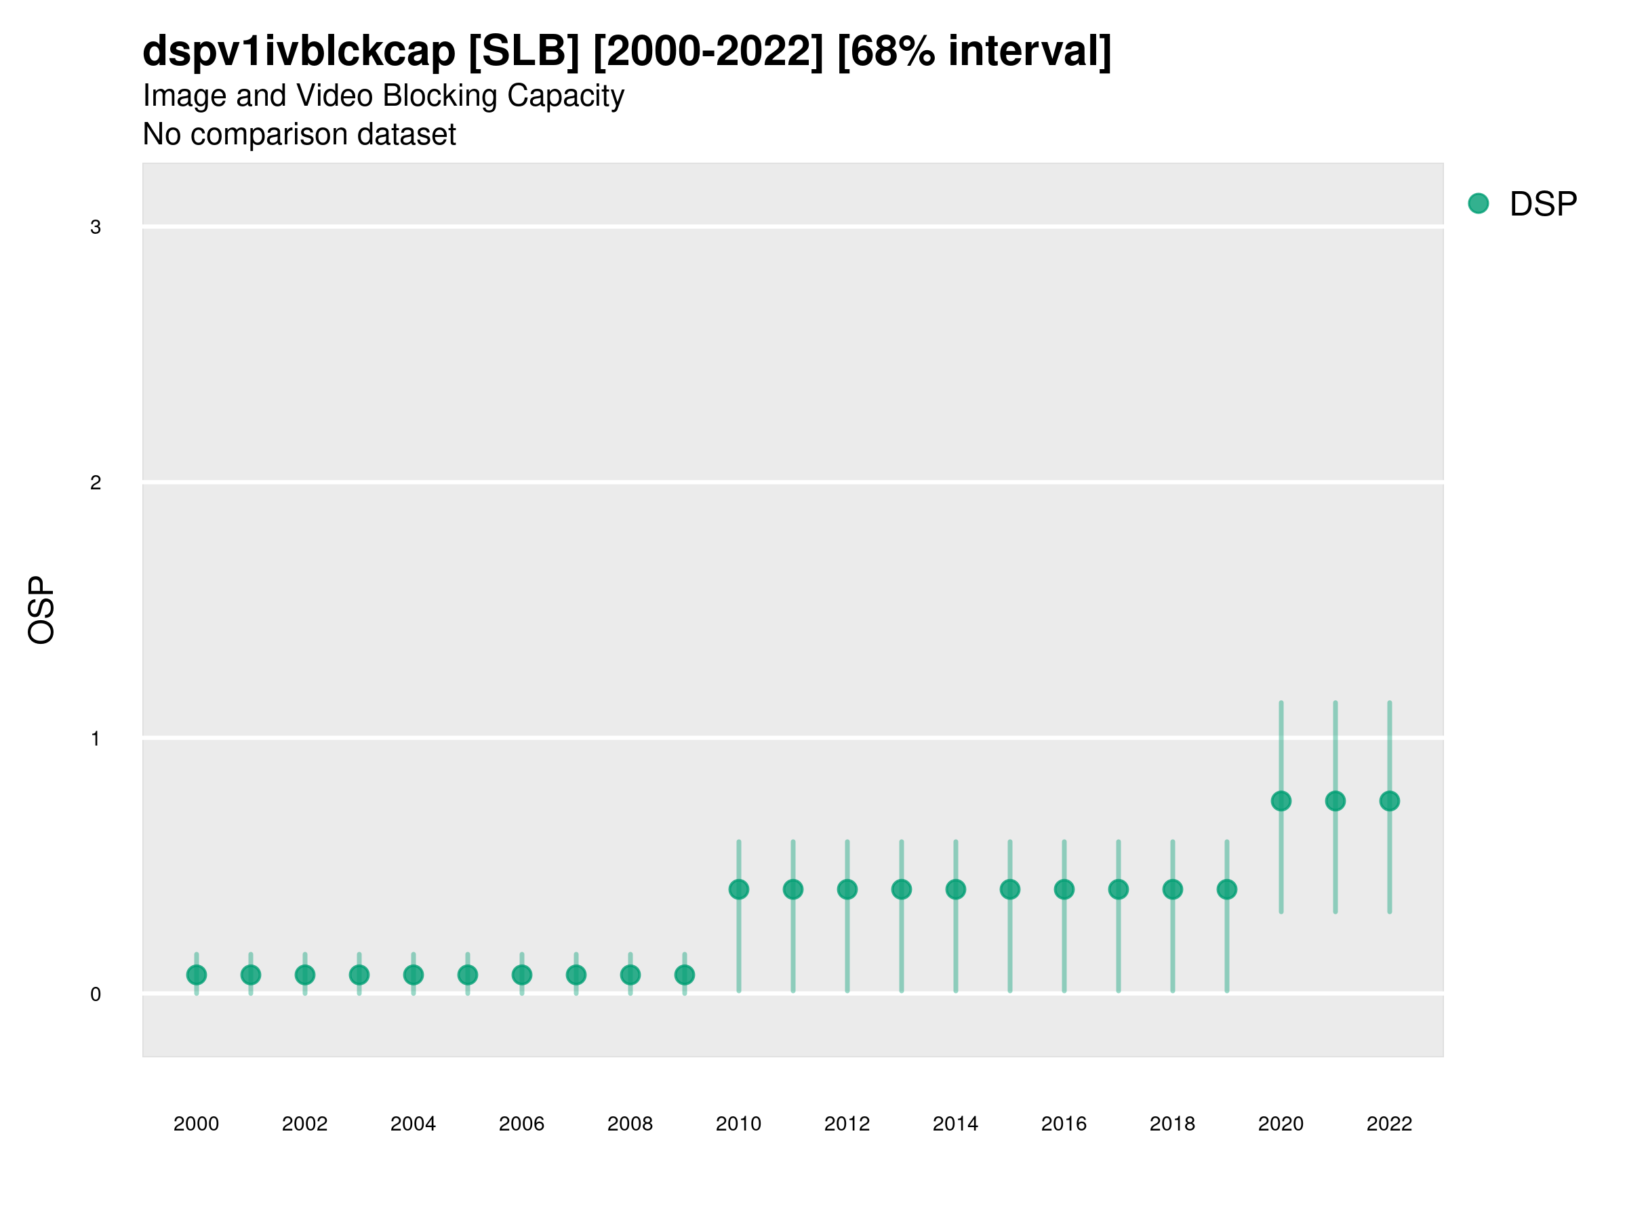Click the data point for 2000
tap(197, 975)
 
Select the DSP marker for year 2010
tap(738, 890)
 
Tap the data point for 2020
tap(1281, 801)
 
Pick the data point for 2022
tap(1390, 801)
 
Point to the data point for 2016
tap(1064, 890)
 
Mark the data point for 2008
tap(630, 975)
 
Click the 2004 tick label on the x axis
tap(413, 1124)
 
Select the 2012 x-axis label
tap(847, 1124)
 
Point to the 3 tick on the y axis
tap(96, 227)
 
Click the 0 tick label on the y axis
tap(96, 994)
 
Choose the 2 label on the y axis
tap(96, 483)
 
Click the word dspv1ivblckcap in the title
tap(299, 52)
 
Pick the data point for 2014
tap(955, 890)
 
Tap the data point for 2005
tap(468, 975)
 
